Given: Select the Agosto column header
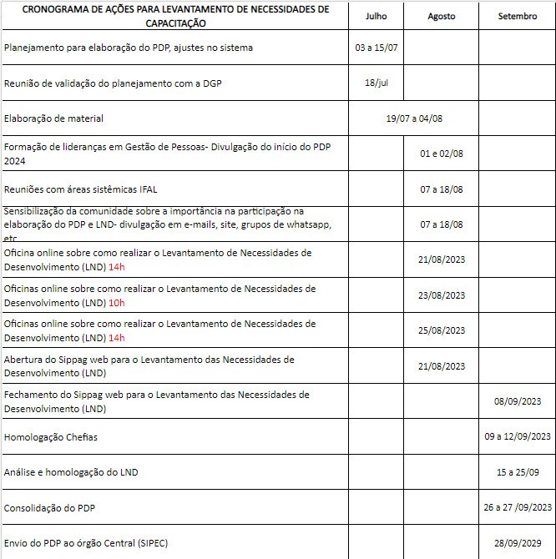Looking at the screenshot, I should tap(442, 16).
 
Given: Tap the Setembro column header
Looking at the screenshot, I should tap(518, 16).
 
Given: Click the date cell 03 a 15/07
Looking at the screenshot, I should tap(377, 48).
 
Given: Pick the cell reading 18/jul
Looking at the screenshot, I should tap(377, 83).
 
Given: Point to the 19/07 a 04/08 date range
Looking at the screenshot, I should tap(414, 118).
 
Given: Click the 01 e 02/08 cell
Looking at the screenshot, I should tap(442, 154).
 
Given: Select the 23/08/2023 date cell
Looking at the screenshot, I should tap(442, 295).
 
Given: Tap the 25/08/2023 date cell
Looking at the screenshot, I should tap(442, 330).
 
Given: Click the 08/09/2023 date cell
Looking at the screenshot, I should tap(518, 401).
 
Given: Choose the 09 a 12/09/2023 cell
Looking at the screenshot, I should tap(518, 436).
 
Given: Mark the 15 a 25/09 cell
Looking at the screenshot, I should tap(518, 472).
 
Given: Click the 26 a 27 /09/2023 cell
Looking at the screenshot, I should tap(518, 507).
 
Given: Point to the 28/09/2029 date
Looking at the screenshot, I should tap(518, 542).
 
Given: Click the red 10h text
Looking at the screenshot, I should tap(117, 302).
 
